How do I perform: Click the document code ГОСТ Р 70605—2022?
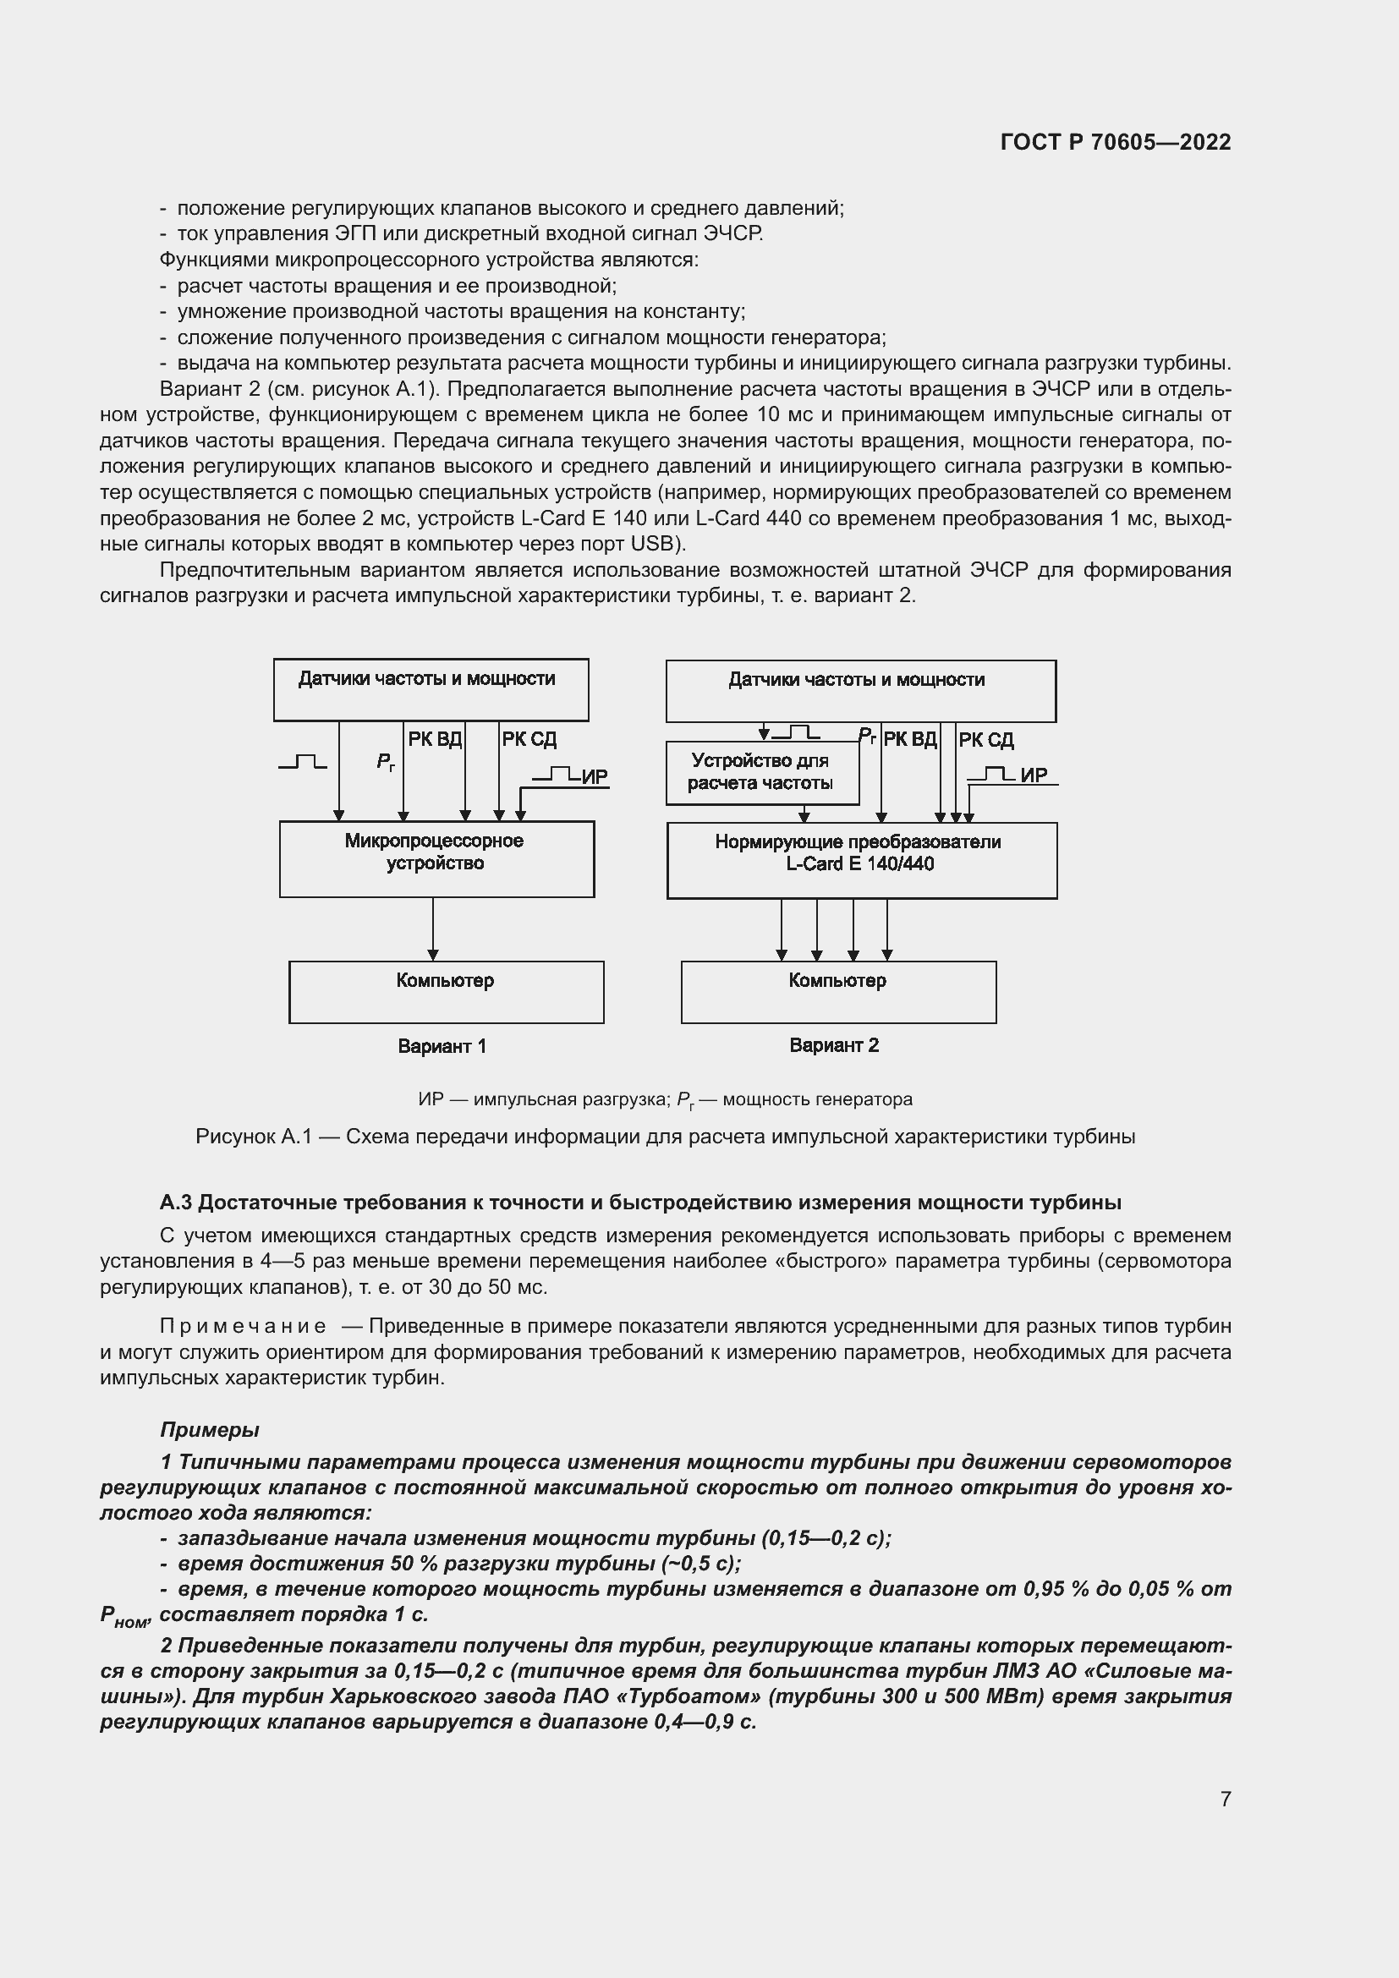(1116, 142)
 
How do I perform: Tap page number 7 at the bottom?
(1225, 1799)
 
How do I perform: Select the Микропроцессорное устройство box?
(436, 859)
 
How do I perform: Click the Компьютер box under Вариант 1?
(446, 993)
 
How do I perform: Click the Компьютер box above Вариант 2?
(837, 993)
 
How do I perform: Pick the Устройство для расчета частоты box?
(761, 773)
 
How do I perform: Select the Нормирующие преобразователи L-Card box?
(860, 860)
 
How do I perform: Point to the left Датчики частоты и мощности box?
(430, 690)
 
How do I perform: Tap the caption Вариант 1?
(442, 1047)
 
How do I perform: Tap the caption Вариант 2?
(834, 1046)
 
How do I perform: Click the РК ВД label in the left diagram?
(434, 739)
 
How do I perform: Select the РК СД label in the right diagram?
(985, 740)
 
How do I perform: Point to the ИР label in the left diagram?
(595, 777)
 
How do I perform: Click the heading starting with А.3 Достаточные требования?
(640, 1202)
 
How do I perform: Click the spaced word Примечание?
(242, 1326)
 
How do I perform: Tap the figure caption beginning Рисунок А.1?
(665, 1137)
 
